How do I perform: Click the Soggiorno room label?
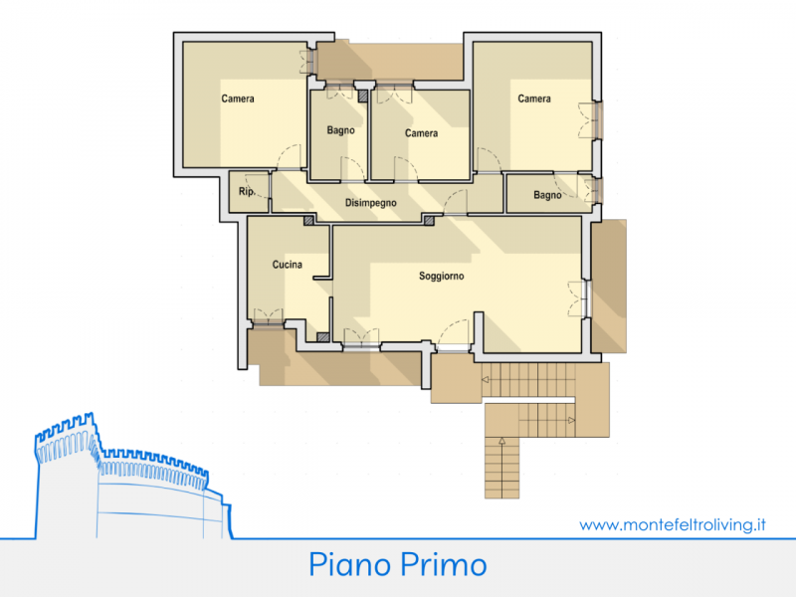441,277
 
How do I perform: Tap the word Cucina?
288,265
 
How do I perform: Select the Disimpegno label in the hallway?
370,203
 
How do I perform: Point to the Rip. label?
247,191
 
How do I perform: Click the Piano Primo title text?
398,564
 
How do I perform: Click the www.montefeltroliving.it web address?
673,524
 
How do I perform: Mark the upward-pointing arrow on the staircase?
502,441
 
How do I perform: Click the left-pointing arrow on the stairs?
486,380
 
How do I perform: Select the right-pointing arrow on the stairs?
571,420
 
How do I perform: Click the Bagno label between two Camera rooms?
340,130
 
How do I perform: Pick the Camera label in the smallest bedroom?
421,133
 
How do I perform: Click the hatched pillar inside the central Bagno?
362,96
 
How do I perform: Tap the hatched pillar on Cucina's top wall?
308,220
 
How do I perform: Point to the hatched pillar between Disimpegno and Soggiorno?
429,220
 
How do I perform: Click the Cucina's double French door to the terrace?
268,315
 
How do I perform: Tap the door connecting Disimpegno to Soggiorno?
456,202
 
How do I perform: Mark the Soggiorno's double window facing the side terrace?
579,299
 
